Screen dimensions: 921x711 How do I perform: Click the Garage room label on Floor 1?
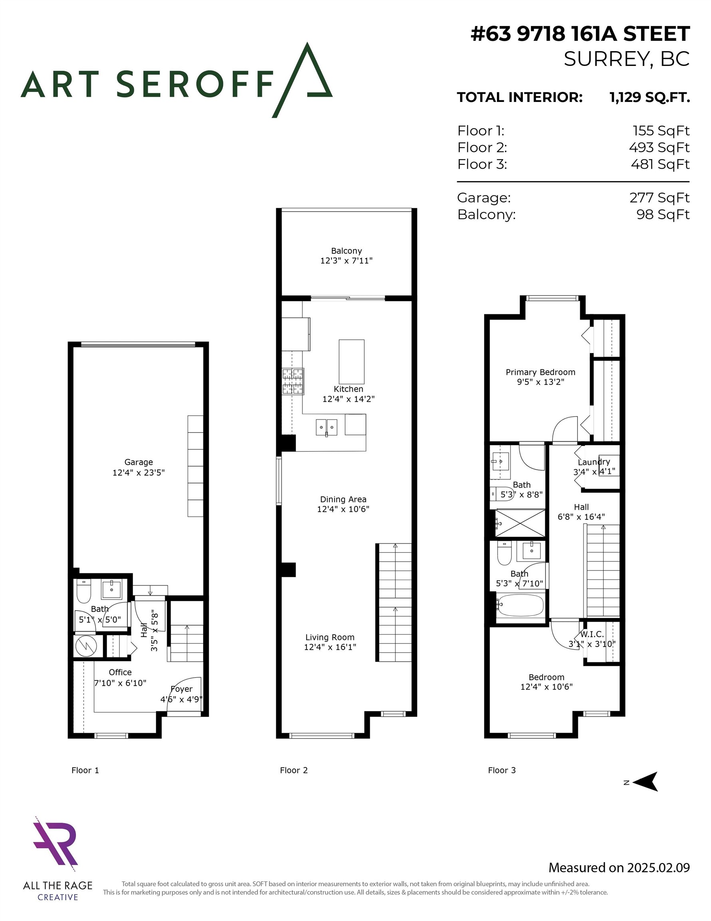(x=138, y=462)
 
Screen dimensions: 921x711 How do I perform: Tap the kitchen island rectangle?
(x=351, y=361)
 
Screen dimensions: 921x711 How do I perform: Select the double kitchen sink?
(x=327, y=427)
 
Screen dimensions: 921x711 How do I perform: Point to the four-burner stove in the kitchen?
(x=293, y=381)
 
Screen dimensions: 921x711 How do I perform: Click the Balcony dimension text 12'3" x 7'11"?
(x=346, y=261)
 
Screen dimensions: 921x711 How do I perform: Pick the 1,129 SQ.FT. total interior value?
(x=649, y=98)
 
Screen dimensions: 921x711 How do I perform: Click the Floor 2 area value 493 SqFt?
(x=659, y=148)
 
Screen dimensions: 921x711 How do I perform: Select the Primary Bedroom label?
(x=540, y=372)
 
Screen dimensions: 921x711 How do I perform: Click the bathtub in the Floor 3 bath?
(x=520, y=605)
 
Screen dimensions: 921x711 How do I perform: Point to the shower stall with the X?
(x=520, y=523)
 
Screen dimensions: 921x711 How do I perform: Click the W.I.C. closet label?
(x=592, y=634)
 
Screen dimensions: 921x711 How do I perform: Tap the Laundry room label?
(x=594, y=462)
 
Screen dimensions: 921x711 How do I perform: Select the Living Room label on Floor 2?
(x=330, y=637)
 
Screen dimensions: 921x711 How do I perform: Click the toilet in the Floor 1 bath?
(x=83, y=592)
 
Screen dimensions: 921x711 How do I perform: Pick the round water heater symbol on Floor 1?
(x=86, y=645)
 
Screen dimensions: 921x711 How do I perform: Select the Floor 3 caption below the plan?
(x=502, y=770)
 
